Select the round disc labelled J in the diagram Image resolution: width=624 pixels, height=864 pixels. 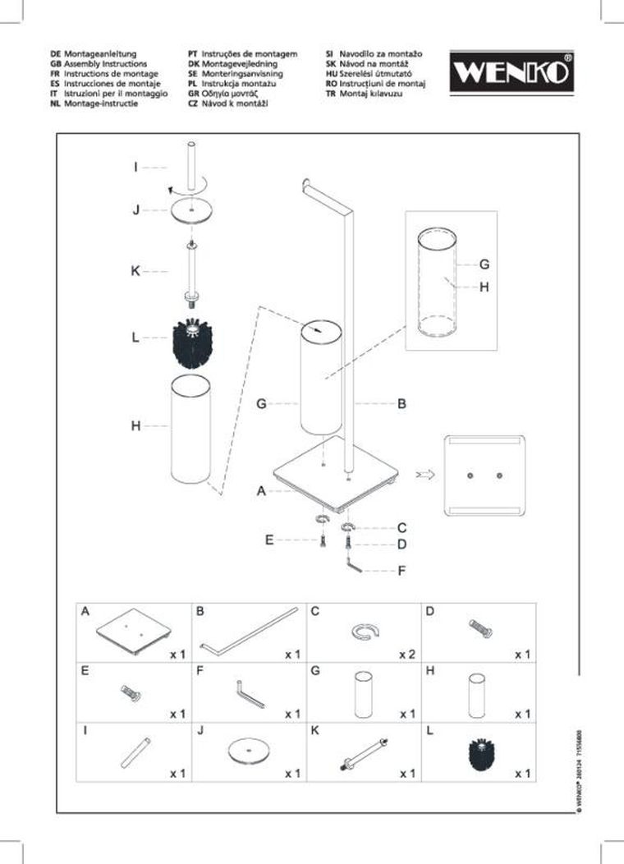point(190,210)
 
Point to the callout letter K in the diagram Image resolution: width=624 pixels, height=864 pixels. point(135,271)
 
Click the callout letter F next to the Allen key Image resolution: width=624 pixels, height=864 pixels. point(401,569)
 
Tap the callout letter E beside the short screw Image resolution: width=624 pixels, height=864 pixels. point(268,540)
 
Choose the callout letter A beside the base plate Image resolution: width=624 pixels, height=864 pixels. point(261,491)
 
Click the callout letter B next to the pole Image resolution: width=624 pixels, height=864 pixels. point(402,404)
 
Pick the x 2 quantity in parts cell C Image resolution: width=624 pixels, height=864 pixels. point(406,655)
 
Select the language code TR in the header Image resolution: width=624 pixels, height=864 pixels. point(330,94)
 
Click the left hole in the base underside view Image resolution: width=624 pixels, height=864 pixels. point(470,476)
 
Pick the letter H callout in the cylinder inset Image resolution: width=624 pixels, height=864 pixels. point(484,287)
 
